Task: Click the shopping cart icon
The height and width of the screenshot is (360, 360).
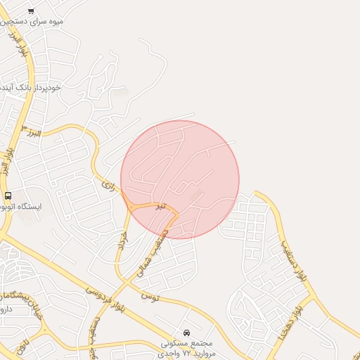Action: (x=31, y=11)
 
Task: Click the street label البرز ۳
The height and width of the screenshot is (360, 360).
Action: (x=32, y=131)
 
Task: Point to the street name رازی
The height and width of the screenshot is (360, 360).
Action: (x=108, y=186)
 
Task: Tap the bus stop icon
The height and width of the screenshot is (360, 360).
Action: (x=8, y=195)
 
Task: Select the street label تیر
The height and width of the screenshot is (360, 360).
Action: (x=161, y=206)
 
